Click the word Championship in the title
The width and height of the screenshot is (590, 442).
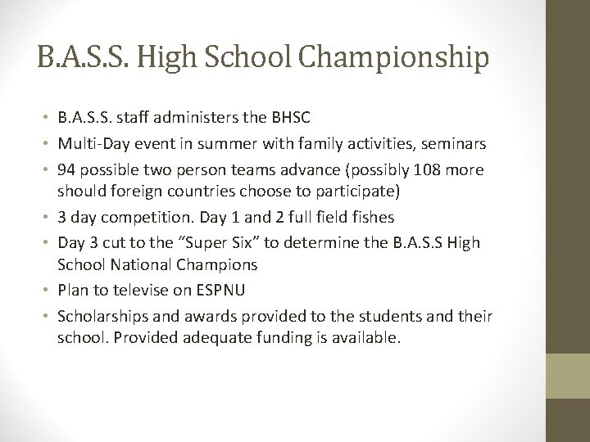tap(397, 60)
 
